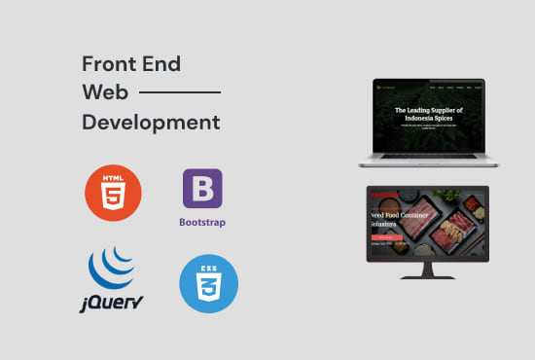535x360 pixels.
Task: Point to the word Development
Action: (x=151, y=124)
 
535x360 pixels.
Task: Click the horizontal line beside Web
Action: (x=181, y=93)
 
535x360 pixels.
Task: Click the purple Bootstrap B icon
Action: (x=202, y=190)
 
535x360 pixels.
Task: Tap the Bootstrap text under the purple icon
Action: (x=202, y=222)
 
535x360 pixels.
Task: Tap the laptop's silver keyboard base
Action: (x=428, y=170)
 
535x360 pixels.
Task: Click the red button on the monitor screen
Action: (x=385, y=236)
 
